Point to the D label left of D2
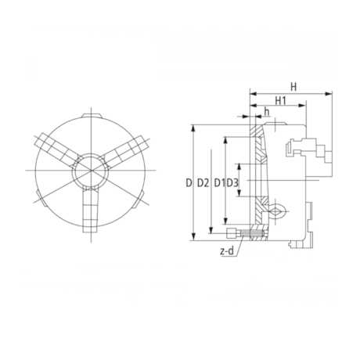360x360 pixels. coord(189,183)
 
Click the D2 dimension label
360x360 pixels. coord(202,183)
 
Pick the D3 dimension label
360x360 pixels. coord(232,183)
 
